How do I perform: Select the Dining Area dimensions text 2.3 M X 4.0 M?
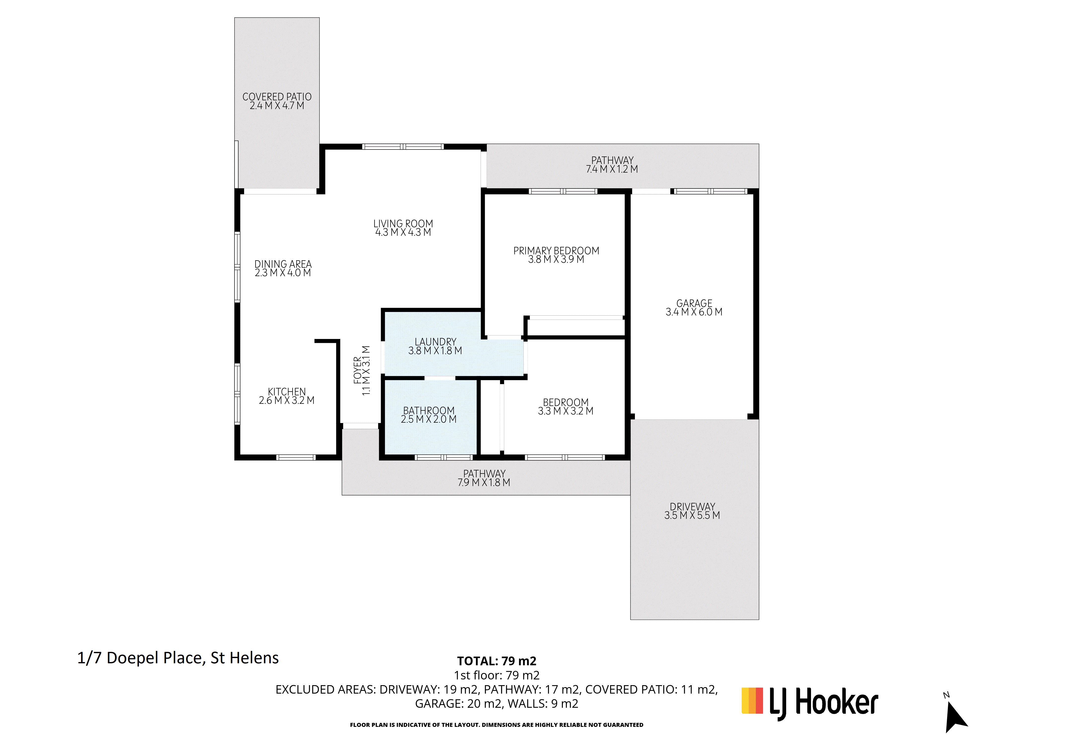[283, 273]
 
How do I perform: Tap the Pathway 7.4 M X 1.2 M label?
[612, 165]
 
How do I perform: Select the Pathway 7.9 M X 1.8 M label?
[484, 478]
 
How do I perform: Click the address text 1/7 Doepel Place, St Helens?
[178, 658]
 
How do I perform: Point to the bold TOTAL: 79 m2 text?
[497, 661]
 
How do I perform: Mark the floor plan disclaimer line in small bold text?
[497, 725]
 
